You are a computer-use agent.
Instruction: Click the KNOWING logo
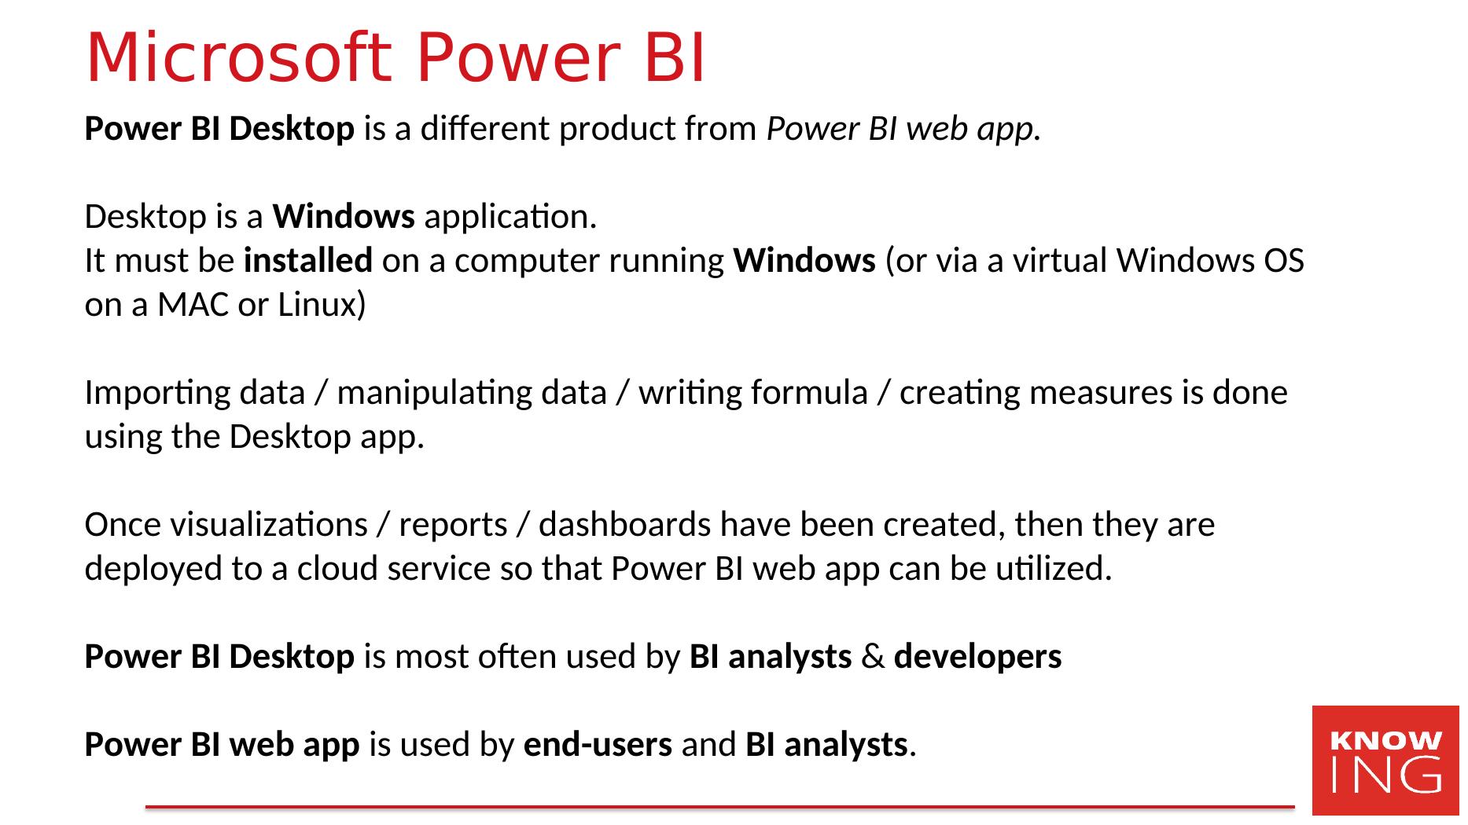click(1385, 760)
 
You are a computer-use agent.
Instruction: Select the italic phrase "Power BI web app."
click(904, 129)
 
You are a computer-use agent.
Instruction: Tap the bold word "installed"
click(308, 260)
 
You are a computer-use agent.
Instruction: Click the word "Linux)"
click(322, 305)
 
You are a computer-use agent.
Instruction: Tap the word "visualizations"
click(226, 524)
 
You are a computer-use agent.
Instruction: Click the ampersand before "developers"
click(873, 657)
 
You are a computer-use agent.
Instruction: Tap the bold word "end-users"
click(598, 744)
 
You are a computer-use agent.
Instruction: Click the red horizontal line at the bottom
click(719, 806)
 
